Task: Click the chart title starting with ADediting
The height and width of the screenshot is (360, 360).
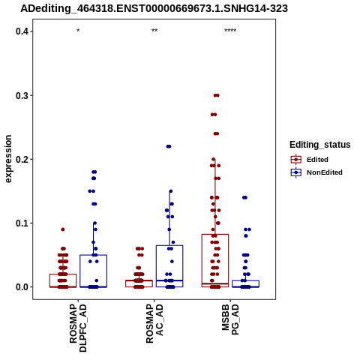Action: click(x=154, y=8)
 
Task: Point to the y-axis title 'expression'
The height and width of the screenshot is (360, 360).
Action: click(x=8, y=159)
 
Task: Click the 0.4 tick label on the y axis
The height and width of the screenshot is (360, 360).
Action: click(x=22, y=31)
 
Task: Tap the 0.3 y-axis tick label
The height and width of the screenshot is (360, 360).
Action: click(x=22, y=95)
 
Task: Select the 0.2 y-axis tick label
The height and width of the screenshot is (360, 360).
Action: click(x=22, y=159)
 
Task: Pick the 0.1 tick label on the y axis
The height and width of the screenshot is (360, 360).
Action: click(x=22, y=223)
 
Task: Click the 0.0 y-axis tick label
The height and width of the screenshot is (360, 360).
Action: click(x=22, y=287)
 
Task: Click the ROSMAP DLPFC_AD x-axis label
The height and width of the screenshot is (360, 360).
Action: click(x=78, y=328)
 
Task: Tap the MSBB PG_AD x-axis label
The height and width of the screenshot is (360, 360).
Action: click(x=230, y=319)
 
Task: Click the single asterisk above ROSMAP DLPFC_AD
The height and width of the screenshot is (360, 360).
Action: click(x=78, y=31)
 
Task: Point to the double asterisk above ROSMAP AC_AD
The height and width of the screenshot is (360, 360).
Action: click(x=154, y=31)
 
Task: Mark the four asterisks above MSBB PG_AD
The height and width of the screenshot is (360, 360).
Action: click(x=230, y=31)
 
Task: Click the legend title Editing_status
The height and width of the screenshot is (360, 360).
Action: click(x=320, y=145)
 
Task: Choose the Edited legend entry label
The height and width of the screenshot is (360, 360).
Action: click(x=317, y=160)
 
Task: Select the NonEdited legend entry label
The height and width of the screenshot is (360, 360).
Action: click(x=325, y=172)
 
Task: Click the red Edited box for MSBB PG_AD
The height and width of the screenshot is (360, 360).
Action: click(x=215, y=234)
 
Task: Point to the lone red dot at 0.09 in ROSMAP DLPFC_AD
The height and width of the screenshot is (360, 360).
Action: click(x=63, y=229)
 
